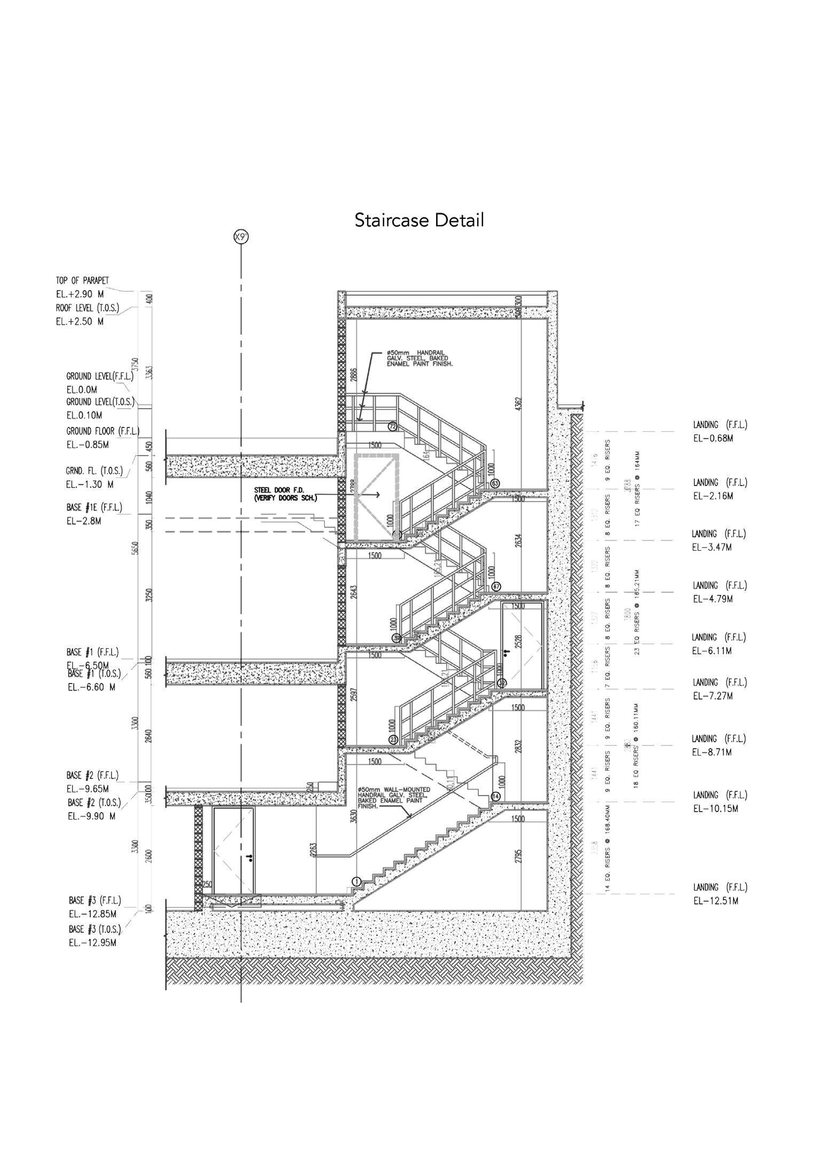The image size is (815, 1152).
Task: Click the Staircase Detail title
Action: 419,220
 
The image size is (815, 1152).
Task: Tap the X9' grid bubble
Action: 241,236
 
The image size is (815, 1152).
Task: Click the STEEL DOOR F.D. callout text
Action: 286,495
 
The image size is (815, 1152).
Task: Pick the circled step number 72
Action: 393,426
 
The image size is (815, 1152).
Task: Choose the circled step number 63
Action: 495,483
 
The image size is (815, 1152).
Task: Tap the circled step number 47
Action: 496,585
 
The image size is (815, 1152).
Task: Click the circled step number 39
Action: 396,638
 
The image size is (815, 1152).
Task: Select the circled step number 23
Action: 393,740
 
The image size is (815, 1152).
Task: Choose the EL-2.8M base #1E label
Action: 84,521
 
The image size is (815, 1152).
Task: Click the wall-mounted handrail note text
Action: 393,797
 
